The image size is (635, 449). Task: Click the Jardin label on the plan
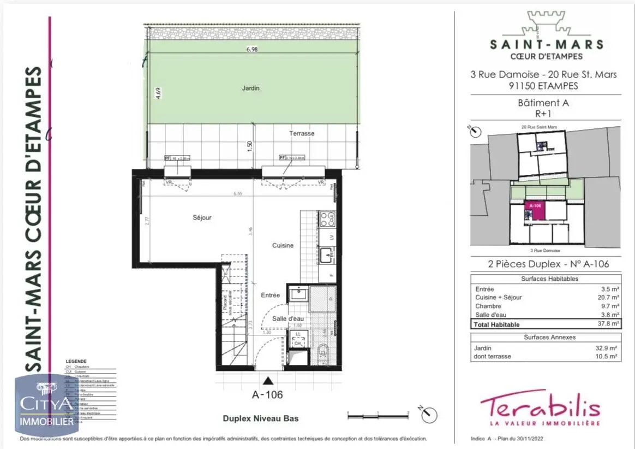pos(251,88)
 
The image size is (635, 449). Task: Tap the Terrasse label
pos(302,133)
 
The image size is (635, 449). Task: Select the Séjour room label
pos(202,217)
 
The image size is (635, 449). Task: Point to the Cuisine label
pos(283,245)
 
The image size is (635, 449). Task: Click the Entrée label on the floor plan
pos(270,295)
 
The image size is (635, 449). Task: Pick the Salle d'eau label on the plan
pos(288,318)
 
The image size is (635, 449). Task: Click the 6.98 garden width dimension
pos(251,50)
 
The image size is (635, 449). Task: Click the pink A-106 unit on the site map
pos(534,210)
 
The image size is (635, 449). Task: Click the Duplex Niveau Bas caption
pos(260,419)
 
